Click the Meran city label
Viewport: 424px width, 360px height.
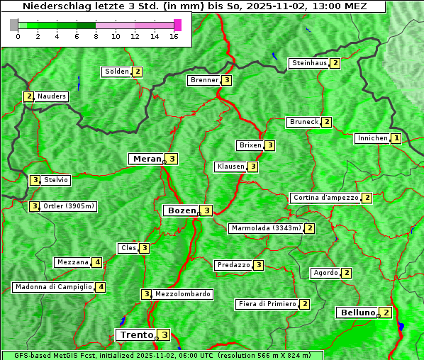[x=146, y=159]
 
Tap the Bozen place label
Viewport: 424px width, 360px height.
[x=179, y=210]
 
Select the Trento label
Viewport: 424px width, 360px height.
[x=136, y=335]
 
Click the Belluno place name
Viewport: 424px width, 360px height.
[x=357, y=313]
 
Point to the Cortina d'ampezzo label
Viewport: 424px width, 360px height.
[x=325, y=198]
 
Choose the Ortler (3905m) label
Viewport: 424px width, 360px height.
[x=68, y=206]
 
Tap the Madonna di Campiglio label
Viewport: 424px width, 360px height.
[x=53, y=287]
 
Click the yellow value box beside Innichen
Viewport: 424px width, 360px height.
[x=396, y=139]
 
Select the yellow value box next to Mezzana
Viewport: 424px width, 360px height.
[x=97, y=262]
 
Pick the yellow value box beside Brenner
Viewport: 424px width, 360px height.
[x=226, y=80]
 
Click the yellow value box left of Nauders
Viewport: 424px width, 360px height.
[x=29, y=96]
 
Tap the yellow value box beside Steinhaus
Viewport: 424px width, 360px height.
[x=335, y=63]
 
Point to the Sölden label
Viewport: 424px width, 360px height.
[x=117, y=72]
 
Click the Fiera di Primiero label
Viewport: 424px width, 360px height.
[x=267, y=304]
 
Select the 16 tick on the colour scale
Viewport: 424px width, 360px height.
[x=174, y=36]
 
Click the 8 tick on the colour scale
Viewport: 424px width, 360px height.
[x=96, y=36]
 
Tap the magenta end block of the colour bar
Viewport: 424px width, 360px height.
[x=177, y=25]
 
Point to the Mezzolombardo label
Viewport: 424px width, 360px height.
[x=182, y=294]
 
